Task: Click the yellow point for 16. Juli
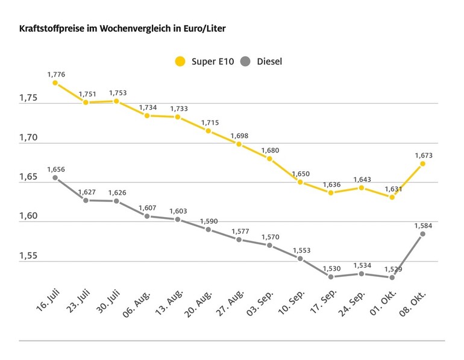[x=55, y=83]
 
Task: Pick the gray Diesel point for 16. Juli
[x=55, y=177]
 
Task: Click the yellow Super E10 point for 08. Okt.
[x=422, y=163]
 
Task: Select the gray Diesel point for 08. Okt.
[x=422, y=233]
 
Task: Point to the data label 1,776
[x=56, y=74]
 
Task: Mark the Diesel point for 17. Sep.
[x=331, y=277]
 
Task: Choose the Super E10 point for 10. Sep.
[x=300, y=182]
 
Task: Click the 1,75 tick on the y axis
[x=29, y=98]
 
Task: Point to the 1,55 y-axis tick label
[x=29, y=256]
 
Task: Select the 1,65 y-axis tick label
[x=29, y=177]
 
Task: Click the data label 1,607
[x=148, y=207]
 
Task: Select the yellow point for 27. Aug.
[x=239, y=144]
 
